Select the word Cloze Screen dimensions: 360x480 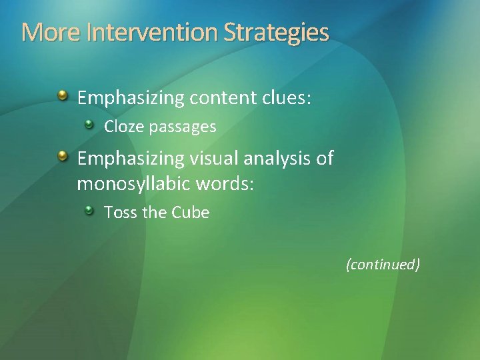[120, 126]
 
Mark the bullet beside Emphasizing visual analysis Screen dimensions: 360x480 [62, 157]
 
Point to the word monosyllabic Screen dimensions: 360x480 [134, 182]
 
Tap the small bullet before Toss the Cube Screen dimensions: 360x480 [89, 211]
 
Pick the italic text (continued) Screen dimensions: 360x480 [383, 265]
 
